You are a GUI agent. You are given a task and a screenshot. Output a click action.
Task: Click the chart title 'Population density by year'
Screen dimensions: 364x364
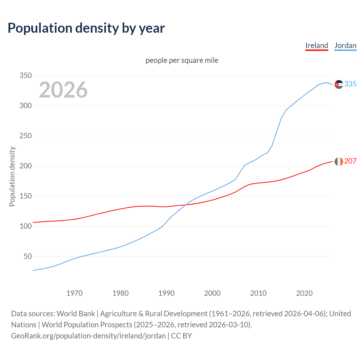pos(86,28)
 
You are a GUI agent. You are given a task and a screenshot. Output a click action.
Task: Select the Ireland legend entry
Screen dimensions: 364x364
pos(317,45)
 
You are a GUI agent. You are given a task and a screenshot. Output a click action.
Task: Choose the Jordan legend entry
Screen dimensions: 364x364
pos(345,45)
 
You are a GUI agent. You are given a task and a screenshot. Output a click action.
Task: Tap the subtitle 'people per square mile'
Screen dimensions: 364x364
pos(182,60)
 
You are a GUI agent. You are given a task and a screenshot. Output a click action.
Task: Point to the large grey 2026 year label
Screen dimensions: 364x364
pos(63,90)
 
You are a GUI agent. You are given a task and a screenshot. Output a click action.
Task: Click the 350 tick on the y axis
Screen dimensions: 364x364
pos(25,76)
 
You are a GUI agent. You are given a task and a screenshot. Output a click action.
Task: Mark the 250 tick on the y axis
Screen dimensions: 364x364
pos(25,136)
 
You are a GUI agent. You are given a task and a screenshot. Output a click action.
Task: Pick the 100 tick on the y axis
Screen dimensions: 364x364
pos(25,226)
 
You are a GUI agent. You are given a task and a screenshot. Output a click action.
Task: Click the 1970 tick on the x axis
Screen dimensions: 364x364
pos(75,293)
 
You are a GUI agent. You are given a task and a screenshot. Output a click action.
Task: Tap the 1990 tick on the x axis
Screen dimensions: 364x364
pos(166,293)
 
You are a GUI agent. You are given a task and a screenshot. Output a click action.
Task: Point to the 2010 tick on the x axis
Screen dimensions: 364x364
pos(258,293)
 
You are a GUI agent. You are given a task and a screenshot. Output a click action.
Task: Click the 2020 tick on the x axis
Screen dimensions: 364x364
pos(304,293)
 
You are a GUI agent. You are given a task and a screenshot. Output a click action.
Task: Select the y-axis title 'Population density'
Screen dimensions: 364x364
pos(12,176)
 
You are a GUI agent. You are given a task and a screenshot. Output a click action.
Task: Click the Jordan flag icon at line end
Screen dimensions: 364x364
pos(339,84)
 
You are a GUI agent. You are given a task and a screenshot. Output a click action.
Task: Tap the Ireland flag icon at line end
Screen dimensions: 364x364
pos(339,162)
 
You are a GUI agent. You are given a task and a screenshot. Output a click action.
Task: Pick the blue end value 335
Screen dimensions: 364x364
pos(350,84)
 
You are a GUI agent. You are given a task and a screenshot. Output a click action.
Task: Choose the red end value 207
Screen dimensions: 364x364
pos(350,161)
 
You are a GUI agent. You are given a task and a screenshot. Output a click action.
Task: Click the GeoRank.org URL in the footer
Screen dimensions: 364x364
pos(88,336)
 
